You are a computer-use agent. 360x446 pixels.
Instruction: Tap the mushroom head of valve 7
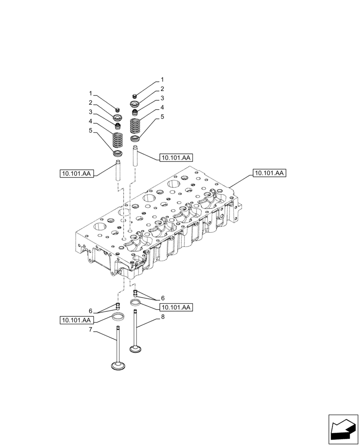pyautogui.click(x=118, y=366)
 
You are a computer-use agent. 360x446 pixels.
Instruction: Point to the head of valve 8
pyautogui.click(x=136, y=349)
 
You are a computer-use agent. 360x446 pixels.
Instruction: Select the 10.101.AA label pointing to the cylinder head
pyautogui.click(x=269, y=173)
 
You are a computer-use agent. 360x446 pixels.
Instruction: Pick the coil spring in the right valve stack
pyautogui.click(x=135, y=127)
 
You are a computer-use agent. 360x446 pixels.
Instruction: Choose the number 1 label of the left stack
pyautogui.click(x=90, y=94)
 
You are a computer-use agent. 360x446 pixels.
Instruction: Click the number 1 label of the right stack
pyautogui.click(x=163, y=80)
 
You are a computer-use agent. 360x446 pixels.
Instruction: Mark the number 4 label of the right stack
pyautogui.click(x=163, y=107)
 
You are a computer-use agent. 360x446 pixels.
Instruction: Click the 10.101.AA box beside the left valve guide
pyautogui.click(x=77, y=173)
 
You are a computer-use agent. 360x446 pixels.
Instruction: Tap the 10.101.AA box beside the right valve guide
pyautogui.click(x=175, y=157)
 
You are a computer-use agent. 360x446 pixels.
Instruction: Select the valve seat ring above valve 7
pyautogui.click(x=118, y=318)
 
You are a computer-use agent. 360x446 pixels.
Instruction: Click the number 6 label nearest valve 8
pyautogui.click(x=163, y=298)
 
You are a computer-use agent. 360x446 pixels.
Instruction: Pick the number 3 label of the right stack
pyautogui.click(x=163, y=98)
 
